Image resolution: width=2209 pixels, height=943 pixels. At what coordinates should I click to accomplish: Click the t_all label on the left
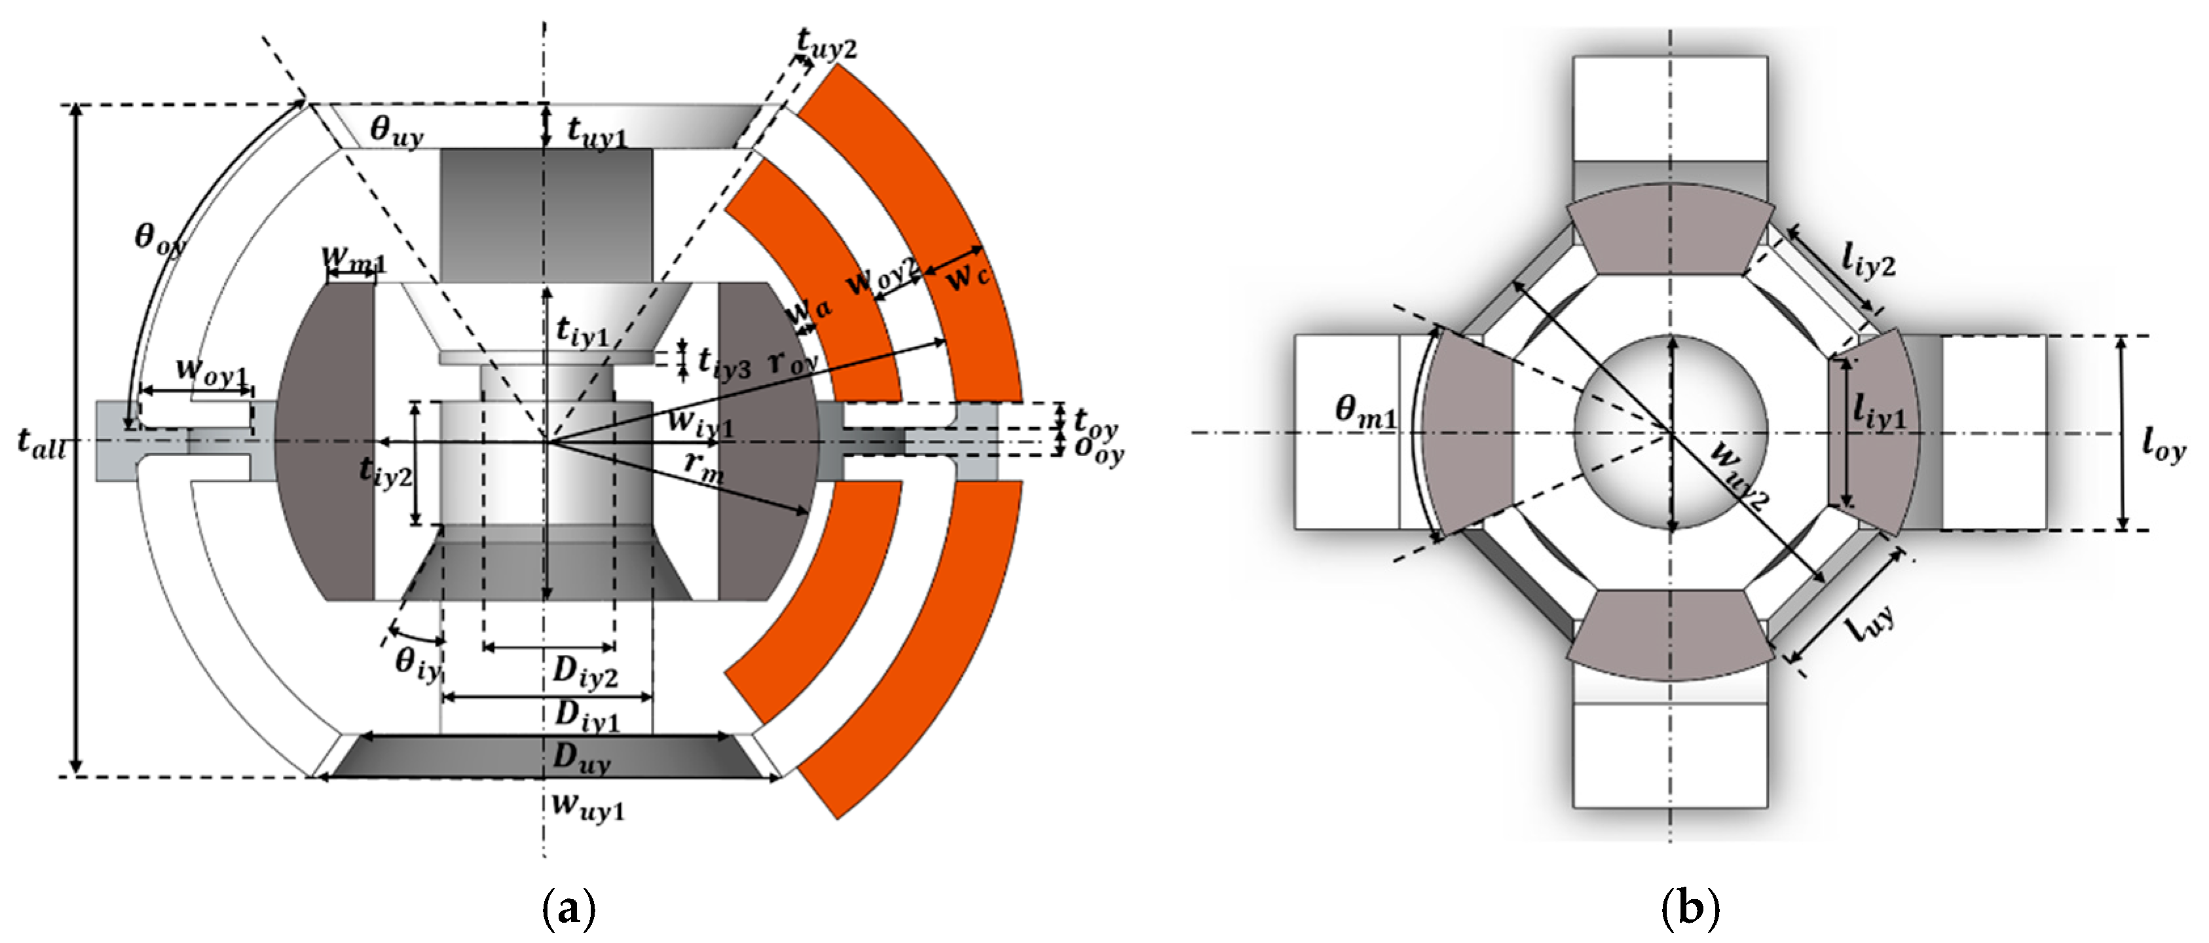point(41,443)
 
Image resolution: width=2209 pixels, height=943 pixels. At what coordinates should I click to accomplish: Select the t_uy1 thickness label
point(597,132)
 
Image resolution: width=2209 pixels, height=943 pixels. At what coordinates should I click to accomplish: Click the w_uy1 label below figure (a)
point(587,806)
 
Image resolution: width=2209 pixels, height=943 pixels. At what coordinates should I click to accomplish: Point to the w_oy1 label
point(211,371)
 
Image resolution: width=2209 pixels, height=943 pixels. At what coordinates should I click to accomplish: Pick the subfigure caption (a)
point(568,910)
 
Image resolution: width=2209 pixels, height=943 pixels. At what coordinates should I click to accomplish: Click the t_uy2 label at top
point(825,43)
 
